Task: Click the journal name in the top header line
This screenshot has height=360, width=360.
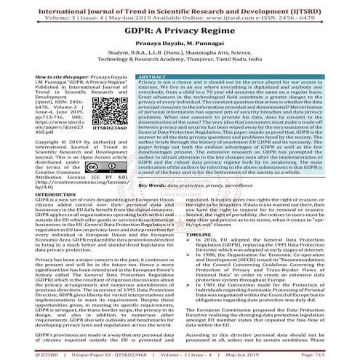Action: tap(180, 5)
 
